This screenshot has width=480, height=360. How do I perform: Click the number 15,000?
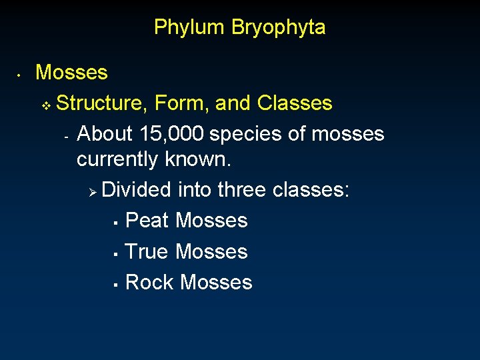(172, 134)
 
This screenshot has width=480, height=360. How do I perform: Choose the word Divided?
(137, 190)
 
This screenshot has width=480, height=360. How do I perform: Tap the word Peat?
(147, 221)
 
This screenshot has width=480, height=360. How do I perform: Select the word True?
(147, 252)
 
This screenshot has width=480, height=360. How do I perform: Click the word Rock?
(149, 283)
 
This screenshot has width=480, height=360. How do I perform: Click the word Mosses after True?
(211, 252)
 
